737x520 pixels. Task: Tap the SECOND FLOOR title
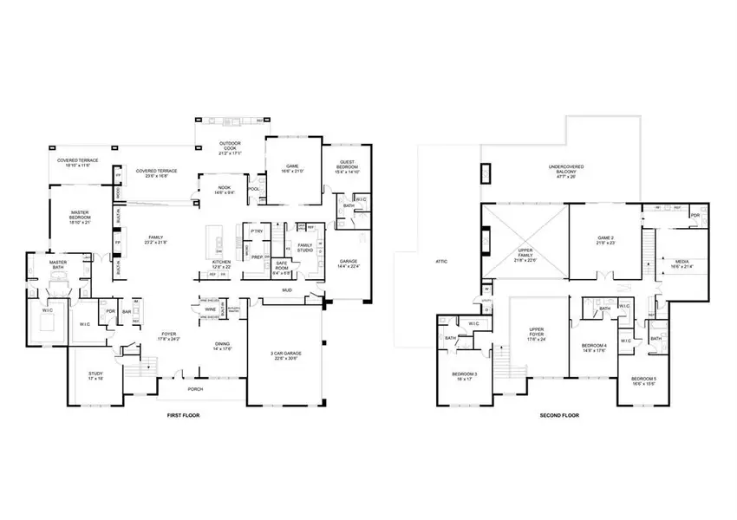(x=559, y=416)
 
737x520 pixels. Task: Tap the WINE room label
(x=211, y=309)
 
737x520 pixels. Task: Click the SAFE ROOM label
(x=282, y=263)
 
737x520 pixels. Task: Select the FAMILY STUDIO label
(x=305, y=248)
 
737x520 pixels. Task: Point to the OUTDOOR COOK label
(x=230, y=146)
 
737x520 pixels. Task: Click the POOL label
(x=254, y=188)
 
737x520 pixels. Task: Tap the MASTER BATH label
(x=58, y=264)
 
